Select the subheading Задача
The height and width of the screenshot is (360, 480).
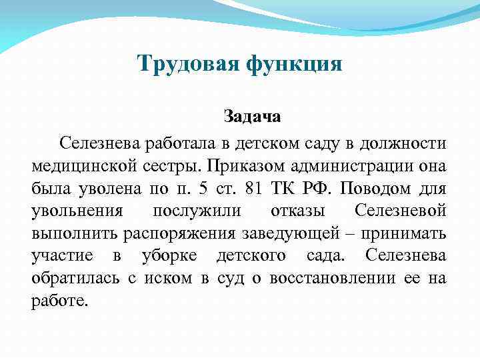click(x=252, y=117)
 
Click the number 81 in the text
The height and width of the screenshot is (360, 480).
click(x=253, y=188)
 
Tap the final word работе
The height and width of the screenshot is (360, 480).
click(x=59, y=301)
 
